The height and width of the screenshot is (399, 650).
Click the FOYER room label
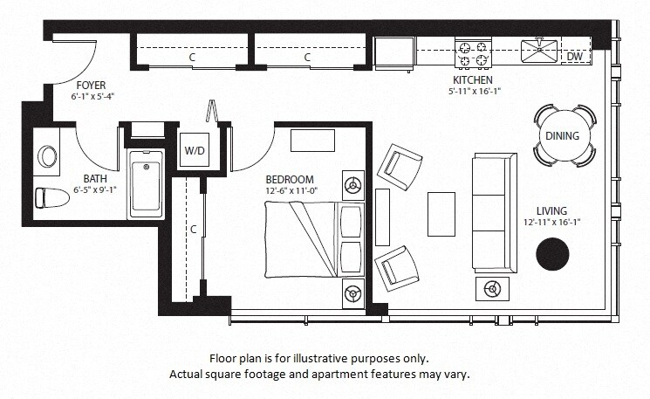point(91,85)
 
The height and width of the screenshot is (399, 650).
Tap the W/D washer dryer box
point(194,148)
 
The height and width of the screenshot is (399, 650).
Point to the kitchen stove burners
point(473,53)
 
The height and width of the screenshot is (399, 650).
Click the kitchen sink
point(539,51)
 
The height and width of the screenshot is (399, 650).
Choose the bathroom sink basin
point(47,156)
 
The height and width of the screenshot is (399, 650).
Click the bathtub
point(146,184)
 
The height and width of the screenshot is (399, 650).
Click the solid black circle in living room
point(551,254)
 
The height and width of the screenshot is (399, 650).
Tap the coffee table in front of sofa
point(441,213)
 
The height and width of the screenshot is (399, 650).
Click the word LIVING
point(551,210)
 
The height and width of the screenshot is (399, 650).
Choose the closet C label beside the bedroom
point(193,230)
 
